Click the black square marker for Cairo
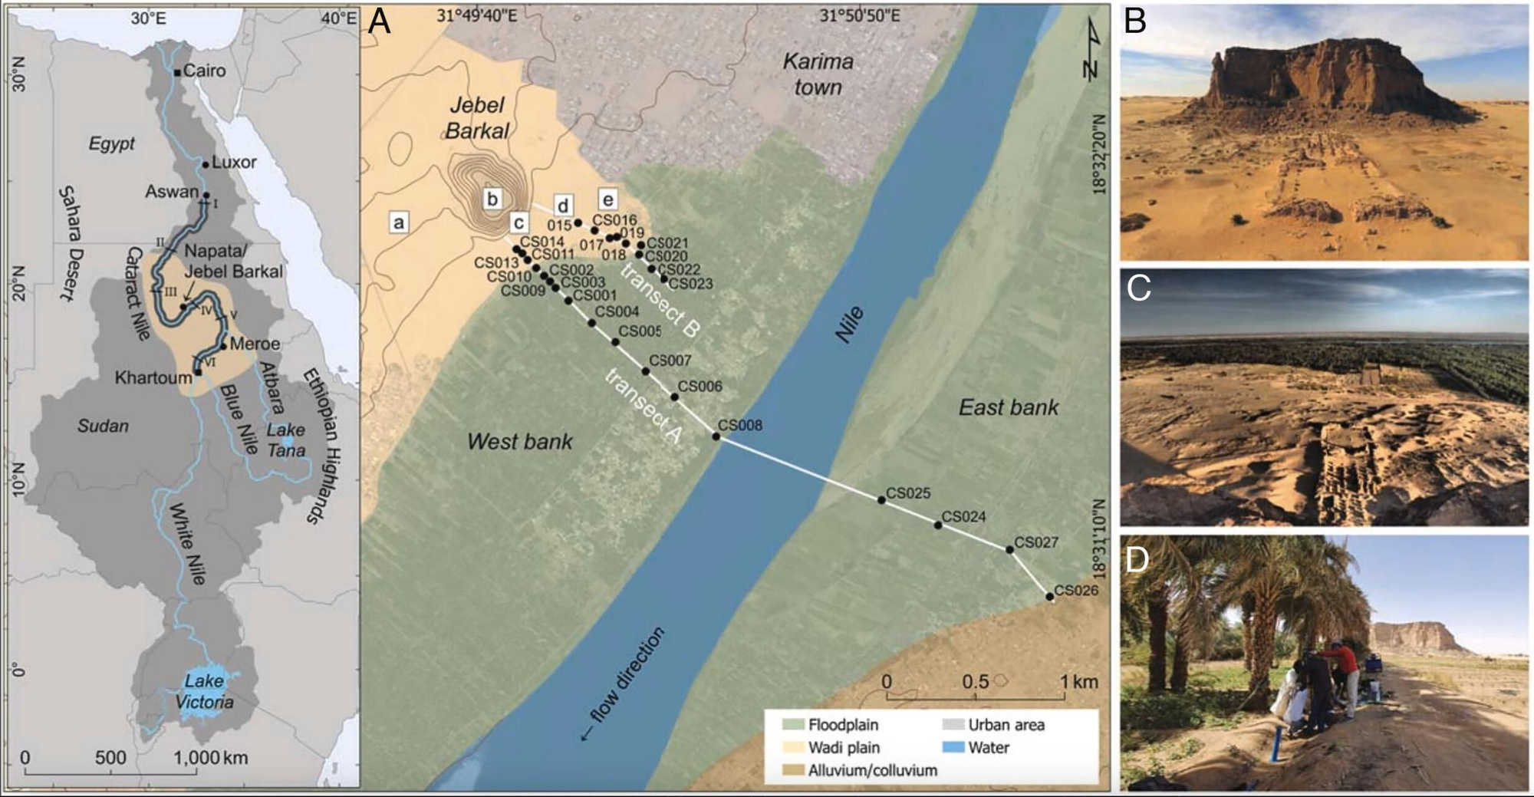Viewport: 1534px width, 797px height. pyautogui.click(x=177, y=72)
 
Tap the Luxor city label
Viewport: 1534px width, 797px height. pyautogui.click(x=234, y=163)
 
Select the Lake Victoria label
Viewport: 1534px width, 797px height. pyautogui.click(x=204, y=691)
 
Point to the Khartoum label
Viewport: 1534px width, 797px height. pyautogui.click(x=153, y=377)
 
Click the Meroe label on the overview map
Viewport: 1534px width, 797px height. pyautogui.click(x=255, y=344)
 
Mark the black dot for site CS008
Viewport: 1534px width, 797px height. pyautogui.click(x=716, y=436)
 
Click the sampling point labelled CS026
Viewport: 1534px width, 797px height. pyautogui.click(x=1049, y=597)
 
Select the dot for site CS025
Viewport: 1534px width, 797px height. pyautogui.click(x=881, y=500)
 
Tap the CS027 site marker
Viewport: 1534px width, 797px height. pyautogui.click(x=1009, y=549)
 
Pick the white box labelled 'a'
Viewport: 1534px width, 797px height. pyautogui.click(x=398, y=222)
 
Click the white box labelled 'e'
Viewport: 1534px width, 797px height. pyautogui.click(x=607, y=200)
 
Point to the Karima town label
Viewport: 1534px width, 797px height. pyautogui.click(x=818, y=74)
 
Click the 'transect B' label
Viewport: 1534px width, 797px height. pyautogui.click(x=660, y=300)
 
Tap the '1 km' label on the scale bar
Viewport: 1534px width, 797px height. pyautogui.click(x=1079, y=681)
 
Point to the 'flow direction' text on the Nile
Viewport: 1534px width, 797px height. pyautogui.click(x=624, y=683)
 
